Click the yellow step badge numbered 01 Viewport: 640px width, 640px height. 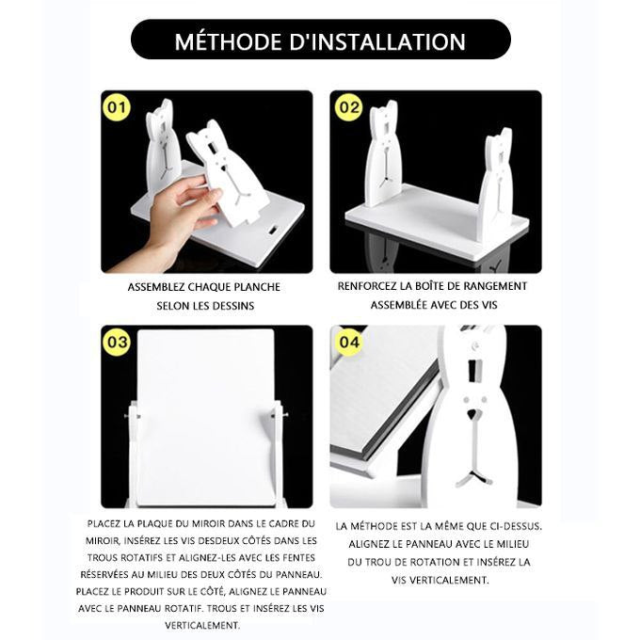(117, 107)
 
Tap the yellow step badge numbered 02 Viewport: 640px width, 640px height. (348, 107)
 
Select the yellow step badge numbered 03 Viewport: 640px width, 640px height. (117, 342)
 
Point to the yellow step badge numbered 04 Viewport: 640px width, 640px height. (349, 342)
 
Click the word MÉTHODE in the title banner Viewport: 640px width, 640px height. (228, 41)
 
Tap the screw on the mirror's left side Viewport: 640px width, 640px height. (132, 417)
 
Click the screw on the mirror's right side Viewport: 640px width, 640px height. (280, 415)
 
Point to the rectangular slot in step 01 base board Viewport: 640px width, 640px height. (272, 230)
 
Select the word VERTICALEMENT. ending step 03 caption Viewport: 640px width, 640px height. (202, 625)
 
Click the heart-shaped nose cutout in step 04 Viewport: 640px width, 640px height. (472, 415)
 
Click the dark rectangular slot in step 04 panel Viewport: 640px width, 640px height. (474, 370)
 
